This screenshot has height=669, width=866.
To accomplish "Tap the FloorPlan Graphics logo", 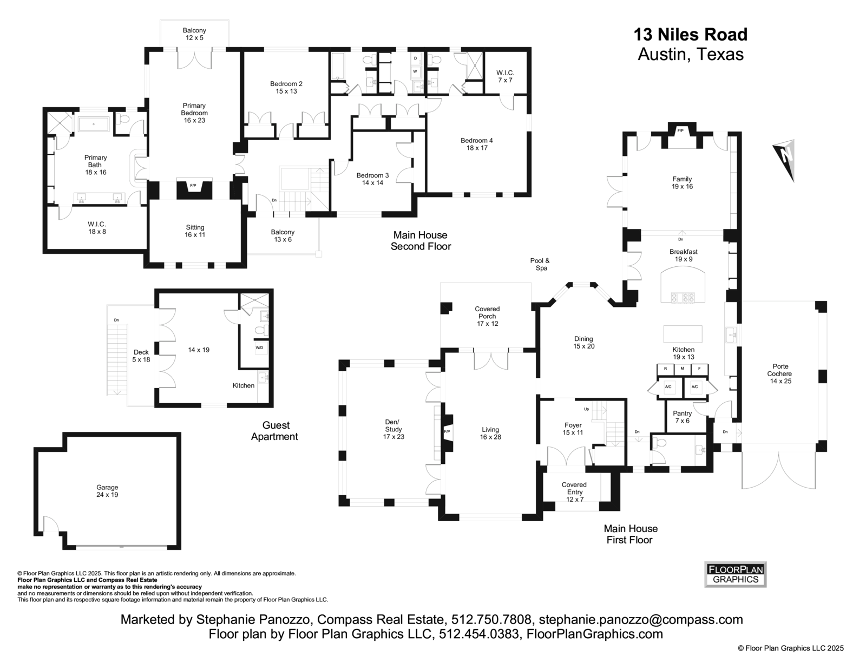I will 735,574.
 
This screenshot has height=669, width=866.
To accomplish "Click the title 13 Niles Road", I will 691,35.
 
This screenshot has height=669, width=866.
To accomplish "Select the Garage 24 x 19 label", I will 107,491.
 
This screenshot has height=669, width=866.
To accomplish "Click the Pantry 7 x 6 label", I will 682,417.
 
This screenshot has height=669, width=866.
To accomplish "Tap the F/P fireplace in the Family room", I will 680,131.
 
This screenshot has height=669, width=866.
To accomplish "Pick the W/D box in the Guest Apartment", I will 259,347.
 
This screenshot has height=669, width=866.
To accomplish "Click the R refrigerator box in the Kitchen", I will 665,369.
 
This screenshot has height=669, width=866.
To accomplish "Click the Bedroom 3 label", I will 372,179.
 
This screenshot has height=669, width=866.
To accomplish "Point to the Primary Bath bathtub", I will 94,124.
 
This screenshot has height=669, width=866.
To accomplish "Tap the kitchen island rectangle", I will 683,333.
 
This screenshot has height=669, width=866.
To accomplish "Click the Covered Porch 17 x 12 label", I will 487,317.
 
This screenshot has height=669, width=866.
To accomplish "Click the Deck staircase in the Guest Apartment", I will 117,359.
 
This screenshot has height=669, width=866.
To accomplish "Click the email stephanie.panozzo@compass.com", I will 641,619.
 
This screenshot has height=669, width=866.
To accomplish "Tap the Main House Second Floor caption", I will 421,241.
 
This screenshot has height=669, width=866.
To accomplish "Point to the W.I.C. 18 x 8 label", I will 97,228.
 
